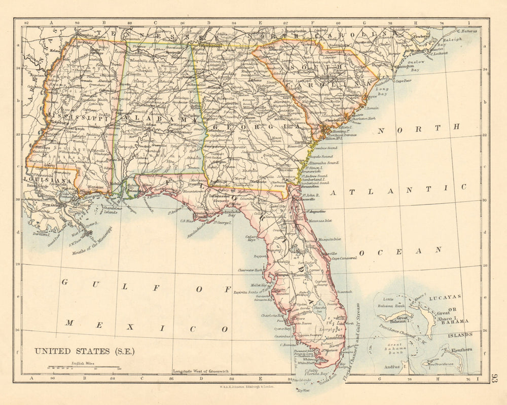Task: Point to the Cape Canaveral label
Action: coord(344,258)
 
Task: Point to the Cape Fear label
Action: coord(403,81)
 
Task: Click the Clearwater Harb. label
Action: coord(251,270)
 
